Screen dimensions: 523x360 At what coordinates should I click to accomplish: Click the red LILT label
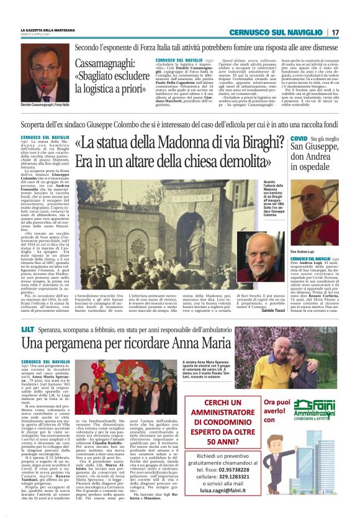[28, 326]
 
